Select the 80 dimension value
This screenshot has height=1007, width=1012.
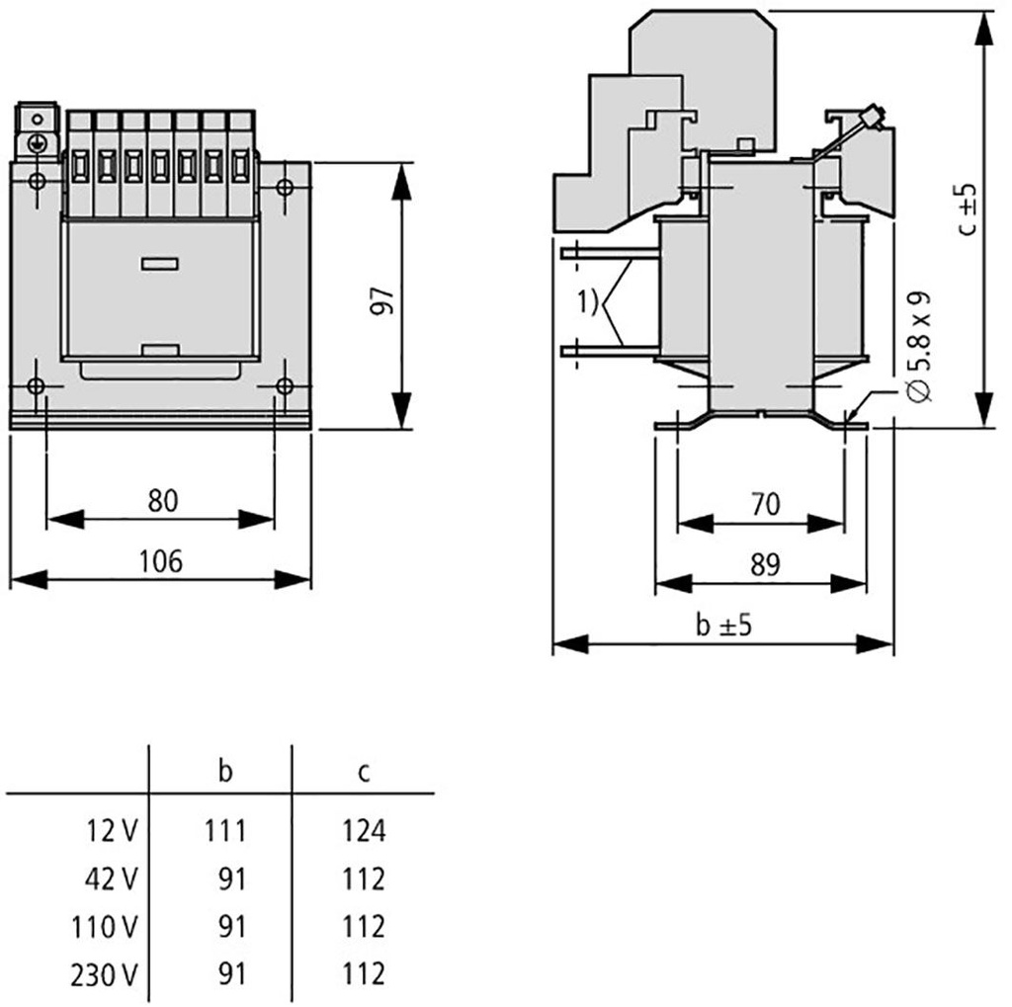coord(163,501)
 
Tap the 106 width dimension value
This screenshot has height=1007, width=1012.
coord(161,561)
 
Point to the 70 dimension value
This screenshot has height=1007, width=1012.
coord(764,504)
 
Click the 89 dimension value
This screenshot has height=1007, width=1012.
coord(764,564)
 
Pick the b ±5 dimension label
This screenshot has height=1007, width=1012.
coord(724,627)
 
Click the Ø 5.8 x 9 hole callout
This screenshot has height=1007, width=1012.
coord(918,345)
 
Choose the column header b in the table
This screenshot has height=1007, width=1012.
coord(225,772)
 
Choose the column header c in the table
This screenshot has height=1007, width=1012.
coord(365,772)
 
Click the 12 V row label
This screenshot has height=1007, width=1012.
coord(110,831)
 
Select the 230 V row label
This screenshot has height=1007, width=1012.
coord(103,974)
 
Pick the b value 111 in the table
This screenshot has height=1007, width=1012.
coord(225,830)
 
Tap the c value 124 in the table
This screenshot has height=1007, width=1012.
coord(365,830)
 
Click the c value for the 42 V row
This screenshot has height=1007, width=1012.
coord(365,879)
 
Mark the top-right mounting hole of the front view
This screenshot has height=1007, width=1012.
coord(284,186)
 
